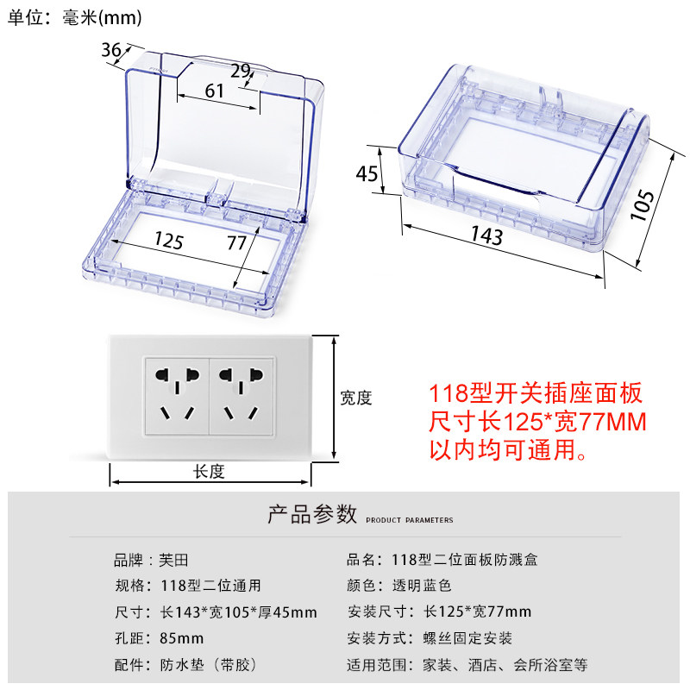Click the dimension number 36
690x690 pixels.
click(x=111, y=50)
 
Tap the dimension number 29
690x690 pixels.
click(x=241, y=71)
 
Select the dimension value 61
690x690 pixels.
click(x=214, y=91)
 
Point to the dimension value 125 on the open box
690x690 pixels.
click(x=168, y=241)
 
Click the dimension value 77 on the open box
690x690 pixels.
click(x=236, y=242)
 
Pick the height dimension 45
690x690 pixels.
click(x=367, y=173)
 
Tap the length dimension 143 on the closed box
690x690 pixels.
click(x=486, y=235)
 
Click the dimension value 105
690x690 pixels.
click(x=642, y=205)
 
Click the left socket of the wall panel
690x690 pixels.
click(x=177, y=396)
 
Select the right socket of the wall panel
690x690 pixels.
click(x=241, y=396)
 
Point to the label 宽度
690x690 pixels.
click(x=356, y=398)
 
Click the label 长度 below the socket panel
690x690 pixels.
click(x=209, y=472)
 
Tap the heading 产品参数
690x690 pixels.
click(x=312, y=514)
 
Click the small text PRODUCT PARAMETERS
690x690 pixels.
click(x=409, y=520)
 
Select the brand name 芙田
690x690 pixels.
click(x=173, y=560)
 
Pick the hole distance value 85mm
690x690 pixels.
click(x=181, y=638)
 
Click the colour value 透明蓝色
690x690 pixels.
click(x=422, y=586)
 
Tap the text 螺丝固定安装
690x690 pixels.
click(x=467, y=638)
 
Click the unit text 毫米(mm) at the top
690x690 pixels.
click(x=102, y=18)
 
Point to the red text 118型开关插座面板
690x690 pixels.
click(x=536, y=393)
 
